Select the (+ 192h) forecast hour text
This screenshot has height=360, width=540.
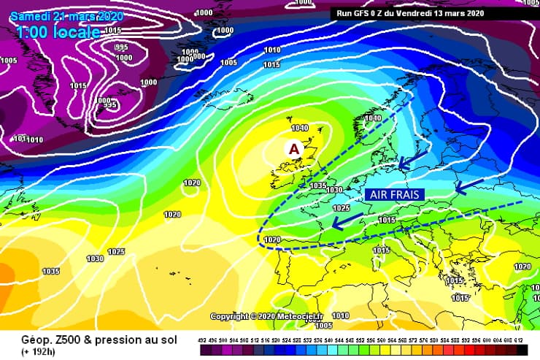coord(26,351)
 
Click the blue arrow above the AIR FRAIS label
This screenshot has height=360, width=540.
coord(413,159)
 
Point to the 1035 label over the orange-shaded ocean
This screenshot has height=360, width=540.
coord(50,272)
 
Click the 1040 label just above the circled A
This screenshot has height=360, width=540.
coord(300,129)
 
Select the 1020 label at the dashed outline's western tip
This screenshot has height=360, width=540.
coord(271,240)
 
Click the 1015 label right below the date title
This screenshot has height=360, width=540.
coord(112,31)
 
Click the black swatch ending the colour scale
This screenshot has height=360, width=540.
coord(522,350)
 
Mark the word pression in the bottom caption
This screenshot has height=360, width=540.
coord(96,339)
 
